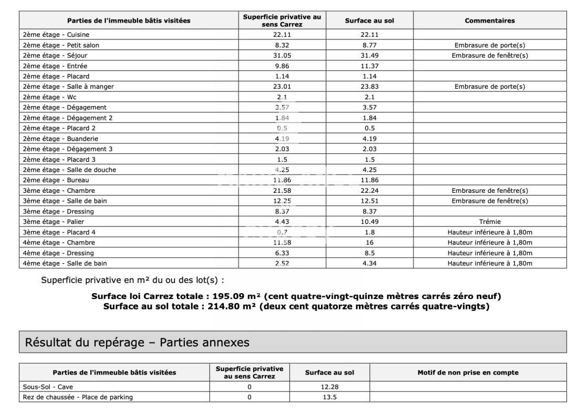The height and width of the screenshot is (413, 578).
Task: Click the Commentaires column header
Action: point(490,21)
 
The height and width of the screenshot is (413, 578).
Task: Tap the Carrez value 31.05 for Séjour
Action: point(282,55)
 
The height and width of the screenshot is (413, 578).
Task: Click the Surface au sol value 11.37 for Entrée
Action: point(369,66)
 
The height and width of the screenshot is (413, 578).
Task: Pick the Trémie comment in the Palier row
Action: point(490,222)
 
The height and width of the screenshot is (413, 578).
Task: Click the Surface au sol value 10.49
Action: point(369,222)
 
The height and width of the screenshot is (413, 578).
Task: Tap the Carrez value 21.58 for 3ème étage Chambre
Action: point(282,190)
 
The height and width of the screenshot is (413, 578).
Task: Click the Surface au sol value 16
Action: point(369,242)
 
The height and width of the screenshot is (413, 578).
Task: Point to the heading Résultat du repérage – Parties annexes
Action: point(137,343)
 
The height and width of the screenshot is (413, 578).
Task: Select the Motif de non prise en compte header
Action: point(468,373)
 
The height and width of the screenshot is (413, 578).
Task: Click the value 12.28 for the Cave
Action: point(329,387)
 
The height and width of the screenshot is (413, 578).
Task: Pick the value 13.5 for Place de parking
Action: point(329,397)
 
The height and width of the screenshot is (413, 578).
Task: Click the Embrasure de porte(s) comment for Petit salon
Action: point(490,45)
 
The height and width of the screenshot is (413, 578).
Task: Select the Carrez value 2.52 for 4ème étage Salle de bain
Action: point(282,263)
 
